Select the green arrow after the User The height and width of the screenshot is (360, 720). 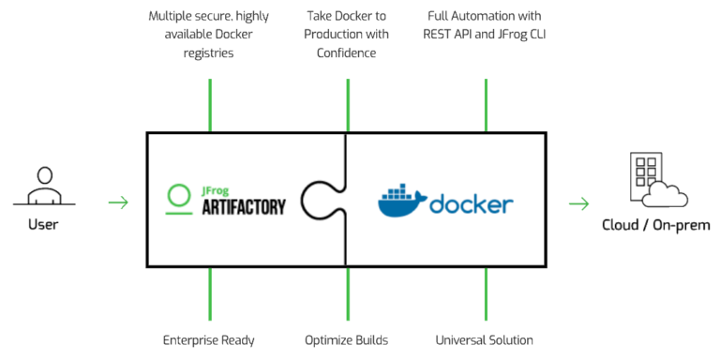(118, 202)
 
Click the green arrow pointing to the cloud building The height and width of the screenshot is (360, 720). (579, 203)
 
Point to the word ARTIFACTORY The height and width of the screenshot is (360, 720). (243, 207)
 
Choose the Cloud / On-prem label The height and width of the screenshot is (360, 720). (656, 226)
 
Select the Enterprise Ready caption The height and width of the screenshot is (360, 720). (208, 339)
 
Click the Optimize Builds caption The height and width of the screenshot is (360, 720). (347, 339)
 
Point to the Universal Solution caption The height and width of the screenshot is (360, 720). (485, 339)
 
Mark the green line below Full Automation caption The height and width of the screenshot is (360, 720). (486, 105)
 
